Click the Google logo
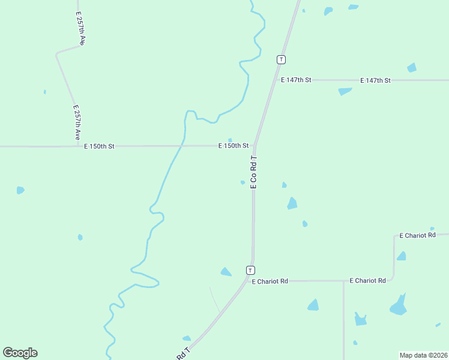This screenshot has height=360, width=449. click(x=20, y=353)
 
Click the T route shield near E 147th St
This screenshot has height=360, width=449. click(x=281, y=59)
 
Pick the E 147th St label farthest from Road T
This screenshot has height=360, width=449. click(x=375, y=80)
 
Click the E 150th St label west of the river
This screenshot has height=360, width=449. click(x=99, y=146)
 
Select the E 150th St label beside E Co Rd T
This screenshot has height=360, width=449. click(x=234, y=146)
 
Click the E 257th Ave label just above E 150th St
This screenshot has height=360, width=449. click(x=77, y=123)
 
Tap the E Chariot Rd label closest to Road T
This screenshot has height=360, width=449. click(x=270, y=281)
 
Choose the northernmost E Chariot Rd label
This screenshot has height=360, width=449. click(x=417, y=236)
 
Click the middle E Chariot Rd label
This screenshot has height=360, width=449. click(x=367, y=280)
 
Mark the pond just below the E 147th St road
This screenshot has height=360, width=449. click(x=345, y=91)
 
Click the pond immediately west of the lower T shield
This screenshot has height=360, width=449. click(x=226, y=272)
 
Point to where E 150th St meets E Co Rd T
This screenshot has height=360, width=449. click(x=255, y=146)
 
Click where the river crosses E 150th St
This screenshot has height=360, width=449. click(x=181, y=146)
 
